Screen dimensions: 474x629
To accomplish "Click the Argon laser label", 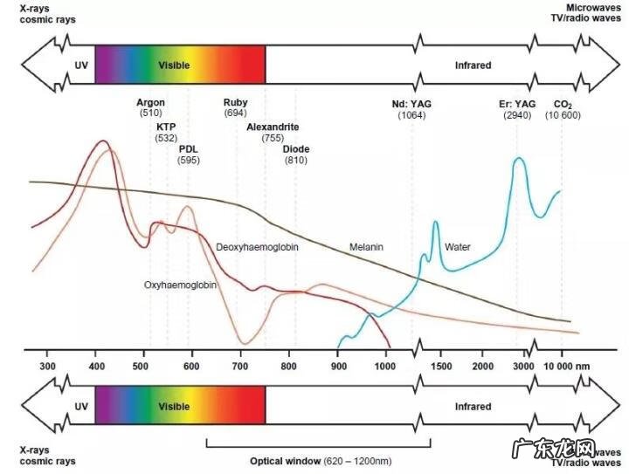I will [150, 102].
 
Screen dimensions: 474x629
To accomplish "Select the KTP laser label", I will [166, 127].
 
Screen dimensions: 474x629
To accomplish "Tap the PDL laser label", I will [189, 148].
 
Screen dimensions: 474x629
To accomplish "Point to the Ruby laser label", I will [235, 102].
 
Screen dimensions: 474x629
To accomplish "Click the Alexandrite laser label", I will [273, 127].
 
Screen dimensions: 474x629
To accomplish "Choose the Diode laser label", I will [296, 148].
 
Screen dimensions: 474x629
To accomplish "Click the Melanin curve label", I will [366, 247].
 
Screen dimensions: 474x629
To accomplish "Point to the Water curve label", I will [458, 247].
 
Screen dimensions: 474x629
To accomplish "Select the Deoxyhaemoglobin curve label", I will [258, 248].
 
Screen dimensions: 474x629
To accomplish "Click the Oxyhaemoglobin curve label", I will [181, 285].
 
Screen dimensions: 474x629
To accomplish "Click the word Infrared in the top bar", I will [473, 65].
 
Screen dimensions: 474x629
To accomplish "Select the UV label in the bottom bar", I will [81, 407].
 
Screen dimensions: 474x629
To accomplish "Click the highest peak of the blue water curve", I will [518, 159].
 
